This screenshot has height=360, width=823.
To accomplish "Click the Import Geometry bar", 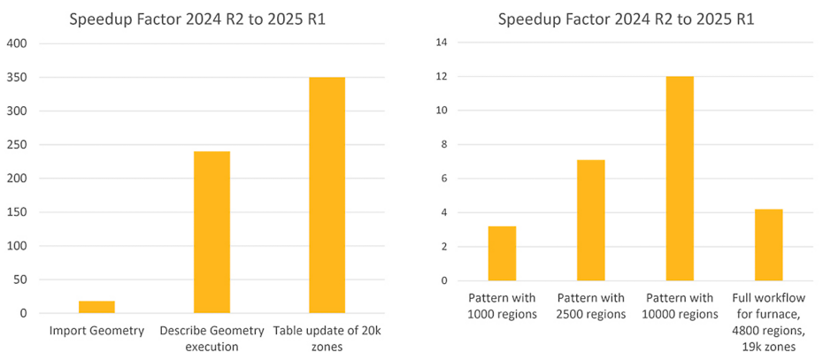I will [96, 307].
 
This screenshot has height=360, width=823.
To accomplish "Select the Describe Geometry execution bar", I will [212, 232].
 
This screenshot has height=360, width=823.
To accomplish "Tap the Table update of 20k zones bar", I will [327, 195].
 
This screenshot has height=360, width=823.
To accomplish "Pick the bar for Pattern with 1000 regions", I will [502, 253].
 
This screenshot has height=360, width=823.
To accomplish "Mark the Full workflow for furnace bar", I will [769, 245].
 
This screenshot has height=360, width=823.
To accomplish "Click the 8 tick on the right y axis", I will [444, 145].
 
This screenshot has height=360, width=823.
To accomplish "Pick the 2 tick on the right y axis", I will [444, 247].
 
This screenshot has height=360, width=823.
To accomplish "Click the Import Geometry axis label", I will [96, 331].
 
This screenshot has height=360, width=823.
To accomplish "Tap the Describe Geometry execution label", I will [212, 338].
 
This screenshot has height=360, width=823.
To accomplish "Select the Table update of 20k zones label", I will [327, 338].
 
